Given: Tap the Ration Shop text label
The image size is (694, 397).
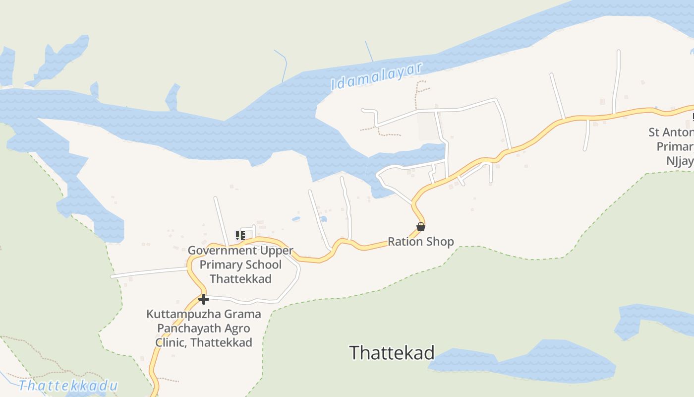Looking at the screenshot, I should tap(420, 242).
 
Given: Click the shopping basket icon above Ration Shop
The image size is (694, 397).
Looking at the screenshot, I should tap(420, 227).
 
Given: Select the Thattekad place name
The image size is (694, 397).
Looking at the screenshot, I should tap(392, 353).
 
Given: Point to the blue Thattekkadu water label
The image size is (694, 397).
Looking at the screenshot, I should tap(68, 386).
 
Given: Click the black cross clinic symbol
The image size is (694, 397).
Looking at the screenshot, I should tap(203, 299).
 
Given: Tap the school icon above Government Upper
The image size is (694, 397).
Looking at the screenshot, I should tap(240, 236).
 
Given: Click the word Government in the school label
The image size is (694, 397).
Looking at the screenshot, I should tap(223, 251).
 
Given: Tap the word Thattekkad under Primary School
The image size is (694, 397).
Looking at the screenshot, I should tap(240, 279).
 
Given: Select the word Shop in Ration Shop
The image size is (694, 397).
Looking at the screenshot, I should tap(442, 242).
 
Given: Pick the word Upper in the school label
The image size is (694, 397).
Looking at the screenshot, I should tap(277, 251).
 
